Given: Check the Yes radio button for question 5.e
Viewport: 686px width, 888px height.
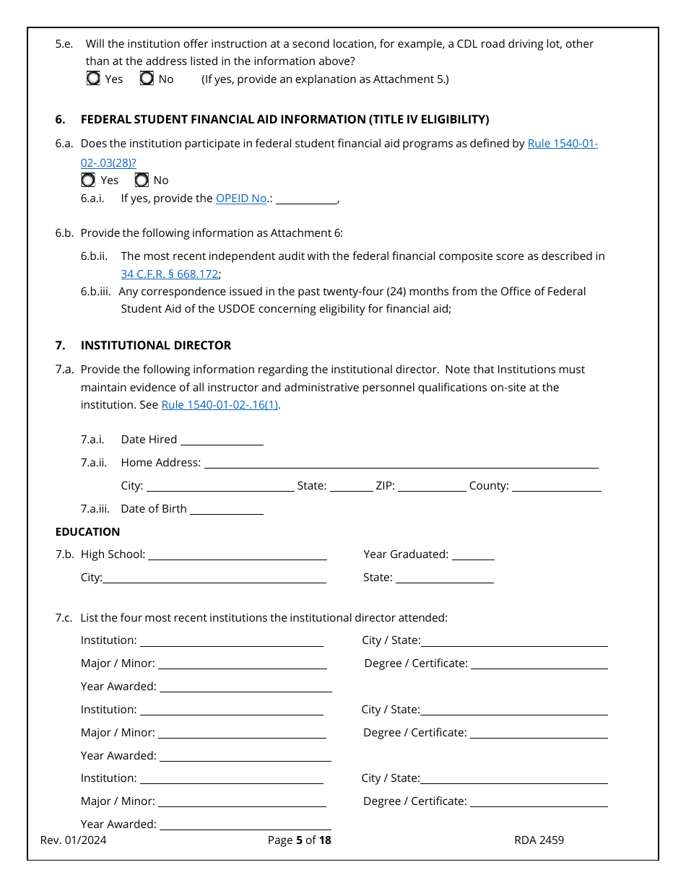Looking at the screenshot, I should [93, 79].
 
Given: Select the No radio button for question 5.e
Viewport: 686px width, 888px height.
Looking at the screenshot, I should [147, 79].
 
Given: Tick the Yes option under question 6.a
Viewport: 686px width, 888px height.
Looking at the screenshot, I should [88, 180].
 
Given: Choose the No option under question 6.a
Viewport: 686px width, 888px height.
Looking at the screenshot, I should [142, 180].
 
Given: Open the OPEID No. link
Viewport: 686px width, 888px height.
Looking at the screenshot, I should [241, 199].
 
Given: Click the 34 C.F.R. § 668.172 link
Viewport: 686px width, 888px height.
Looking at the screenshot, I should [170, 274].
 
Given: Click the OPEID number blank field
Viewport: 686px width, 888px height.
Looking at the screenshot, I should [306, 199].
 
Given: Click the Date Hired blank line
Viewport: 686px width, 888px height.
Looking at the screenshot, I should [222, 440].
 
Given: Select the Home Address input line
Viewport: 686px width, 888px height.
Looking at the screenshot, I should [401, 463].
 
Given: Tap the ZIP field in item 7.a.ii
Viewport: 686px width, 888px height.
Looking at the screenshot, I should [432, 486].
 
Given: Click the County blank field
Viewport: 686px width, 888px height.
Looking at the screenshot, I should [556, 486].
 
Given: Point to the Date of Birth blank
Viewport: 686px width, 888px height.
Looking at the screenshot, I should [226, 509].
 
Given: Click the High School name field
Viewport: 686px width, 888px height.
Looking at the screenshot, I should [237, 554].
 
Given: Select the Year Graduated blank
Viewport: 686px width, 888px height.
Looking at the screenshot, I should [473, 554].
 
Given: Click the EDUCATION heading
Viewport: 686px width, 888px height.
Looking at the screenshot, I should [87, 532].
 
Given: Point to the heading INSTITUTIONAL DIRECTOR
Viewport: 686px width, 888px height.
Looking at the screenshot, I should [156, 346].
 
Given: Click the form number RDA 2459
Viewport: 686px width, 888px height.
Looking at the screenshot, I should [539, 840].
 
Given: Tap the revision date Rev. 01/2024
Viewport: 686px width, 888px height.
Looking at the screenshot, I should [73, 840].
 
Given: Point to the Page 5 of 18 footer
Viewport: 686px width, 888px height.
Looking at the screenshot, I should [299, 840].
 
